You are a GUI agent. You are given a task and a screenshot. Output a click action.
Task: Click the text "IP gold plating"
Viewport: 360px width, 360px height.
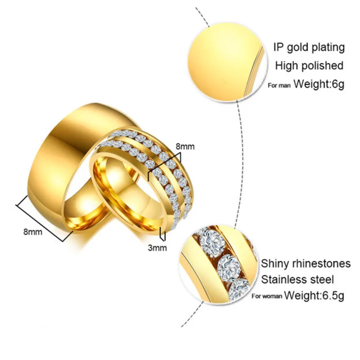(309, 47)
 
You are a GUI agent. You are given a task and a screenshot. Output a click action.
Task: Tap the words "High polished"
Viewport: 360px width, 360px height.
(309, 66)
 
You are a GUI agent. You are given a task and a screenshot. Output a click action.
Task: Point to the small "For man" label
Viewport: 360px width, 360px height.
(279, 85)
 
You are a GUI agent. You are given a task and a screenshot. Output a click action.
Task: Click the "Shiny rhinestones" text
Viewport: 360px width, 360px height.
(306, 263)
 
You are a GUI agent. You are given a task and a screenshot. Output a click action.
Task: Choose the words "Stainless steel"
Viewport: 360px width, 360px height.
(297, 280)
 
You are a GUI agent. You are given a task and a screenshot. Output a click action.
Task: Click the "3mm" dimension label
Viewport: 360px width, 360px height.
(157, 247)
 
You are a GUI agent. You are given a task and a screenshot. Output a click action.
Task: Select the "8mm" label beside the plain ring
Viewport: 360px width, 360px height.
(33, 232)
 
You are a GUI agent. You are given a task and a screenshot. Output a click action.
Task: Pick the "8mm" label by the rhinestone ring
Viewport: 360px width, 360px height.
(184, 146)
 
